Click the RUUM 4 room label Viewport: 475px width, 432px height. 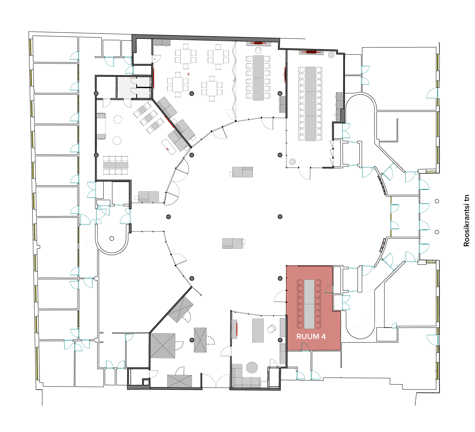click(311, 336)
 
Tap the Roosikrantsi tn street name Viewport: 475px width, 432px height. click(466, 221)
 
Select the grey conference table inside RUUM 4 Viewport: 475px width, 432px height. click(309, 304)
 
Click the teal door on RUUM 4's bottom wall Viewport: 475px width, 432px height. click(305, 347)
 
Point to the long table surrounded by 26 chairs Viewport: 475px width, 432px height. click(311, 104)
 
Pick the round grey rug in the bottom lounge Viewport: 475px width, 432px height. click(252, 367)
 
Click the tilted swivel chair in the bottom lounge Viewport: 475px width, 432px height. click(271, 329)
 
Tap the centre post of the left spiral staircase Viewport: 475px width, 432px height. click(112, 238)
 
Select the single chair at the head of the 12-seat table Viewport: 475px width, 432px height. click(258, 50)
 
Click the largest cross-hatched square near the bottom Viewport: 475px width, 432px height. click(163, 346)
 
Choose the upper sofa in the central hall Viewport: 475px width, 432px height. click(242, 172)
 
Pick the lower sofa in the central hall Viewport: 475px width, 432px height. click(233, 243)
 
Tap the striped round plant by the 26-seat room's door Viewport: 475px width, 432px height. click(292, 162)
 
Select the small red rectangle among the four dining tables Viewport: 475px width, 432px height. click(188, 74)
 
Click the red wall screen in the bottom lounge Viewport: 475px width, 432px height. click(237, 329)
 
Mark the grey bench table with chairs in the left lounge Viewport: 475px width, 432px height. click(116, 165)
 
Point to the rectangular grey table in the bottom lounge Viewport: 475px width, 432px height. click(258, 330)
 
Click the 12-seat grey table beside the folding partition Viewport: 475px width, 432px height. click(258, 78)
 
